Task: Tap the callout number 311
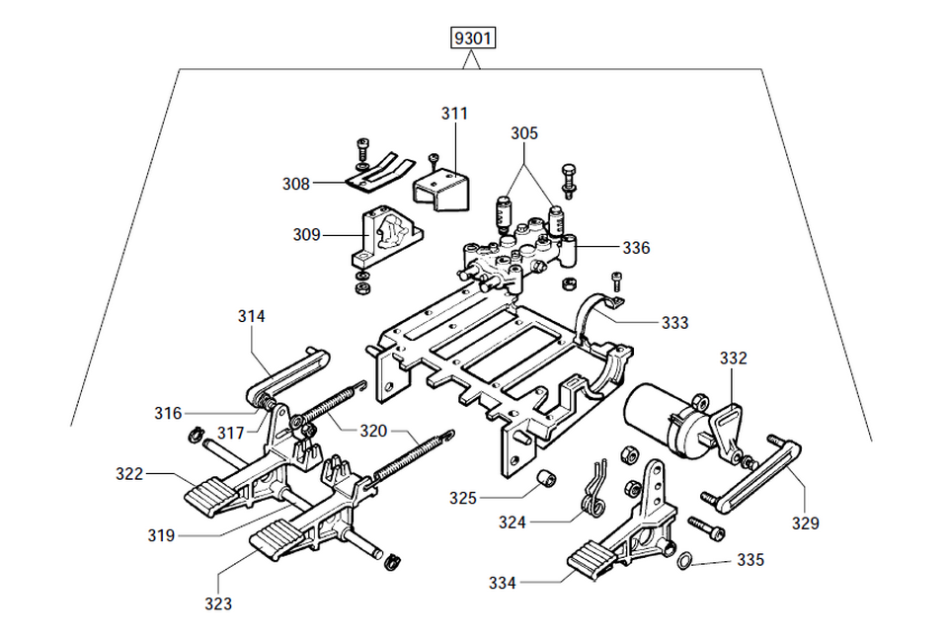point(454,114)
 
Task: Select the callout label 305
point(524,133)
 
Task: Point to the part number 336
point(636,248)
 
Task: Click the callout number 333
point(675,323)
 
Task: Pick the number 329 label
point(805,523)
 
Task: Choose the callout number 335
point(750,560)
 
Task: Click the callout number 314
point(252,316)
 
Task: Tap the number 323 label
point(218,603)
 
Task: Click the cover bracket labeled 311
point(441,188)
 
